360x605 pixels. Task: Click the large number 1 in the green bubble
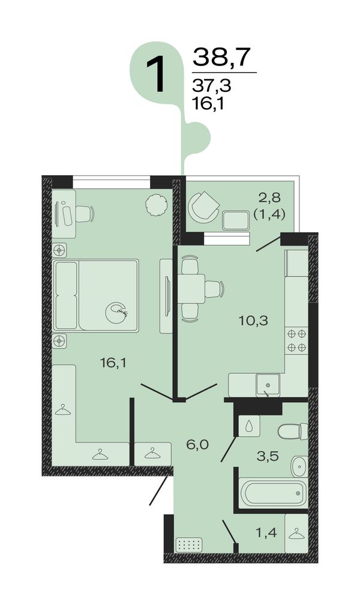point(156,74)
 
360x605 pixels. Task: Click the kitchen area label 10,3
point(254,321)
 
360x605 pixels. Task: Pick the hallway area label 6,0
point(197,445)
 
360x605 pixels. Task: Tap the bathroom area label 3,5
point(268,456)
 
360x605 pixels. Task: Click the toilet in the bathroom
point(293,431)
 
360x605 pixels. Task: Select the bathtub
point(274,493)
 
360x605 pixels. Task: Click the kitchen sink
point(268,384)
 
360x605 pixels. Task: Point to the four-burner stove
point(297,341)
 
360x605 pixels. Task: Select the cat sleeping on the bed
point(117,313)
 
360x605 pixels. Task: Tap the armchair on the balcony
point(203,207)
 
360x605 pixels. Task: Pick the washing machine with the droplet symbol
point(249,426)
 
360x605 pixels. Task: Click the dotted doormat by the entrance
point(189,545)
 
